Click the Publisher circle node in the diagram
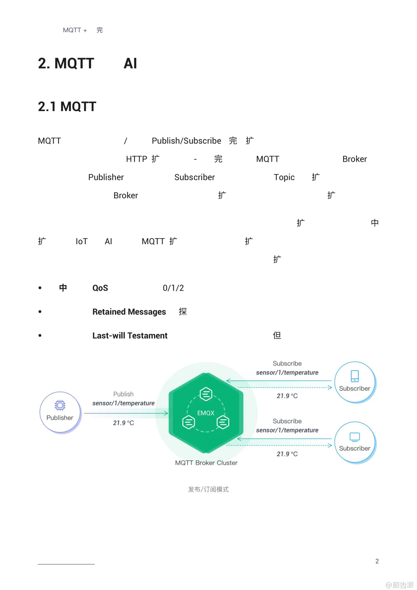pyautogui.click(x=60, y=412)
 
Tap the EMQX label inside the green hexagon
pyautogui.click(x=206, y=413)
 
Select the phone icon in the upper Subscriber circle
pyautogui.click(x=355, y=376)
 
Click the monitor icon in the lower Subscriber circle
pyautogui.click(x=355, y=437)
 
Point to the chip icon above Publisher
pyautogui.click(x=60, y=405)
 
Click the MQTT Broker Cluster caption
pyautogui.click(x=206, y=463)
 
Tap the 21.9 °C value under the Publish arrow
pyautogui.click(x=123, y=423)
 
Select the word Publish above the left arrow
pyautogui.click(x=123, y=394)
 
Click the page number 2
pyautogui.click(x=377, y=561)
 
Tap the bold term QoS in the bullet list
pyautogui.click(x=100, y=288)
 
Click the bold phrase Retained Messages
pyautogui.click(x=129, y=312)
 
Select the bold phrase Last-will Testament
pyautogui.click(x=130, y=336)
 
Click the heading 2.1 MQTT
pyautogui.click(x=67, y=107)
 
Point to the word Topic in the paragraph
pyautogui.click(x=284, y=177)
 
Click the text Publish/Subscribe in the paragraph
pyautogui.click(x=186, y=141)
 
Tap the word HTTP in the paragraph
pyautogui.click(x=136, y=159)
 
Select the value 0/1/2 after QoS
pyautogui.click(x=173, y=288)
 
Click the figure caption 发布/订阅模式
pyautogui.click(x=208, y=489)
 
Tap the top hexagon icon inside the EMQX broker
pyautogui.click(x=206, y=393)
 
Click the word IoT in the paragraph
pyautogui.click(x=82, y=242)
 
